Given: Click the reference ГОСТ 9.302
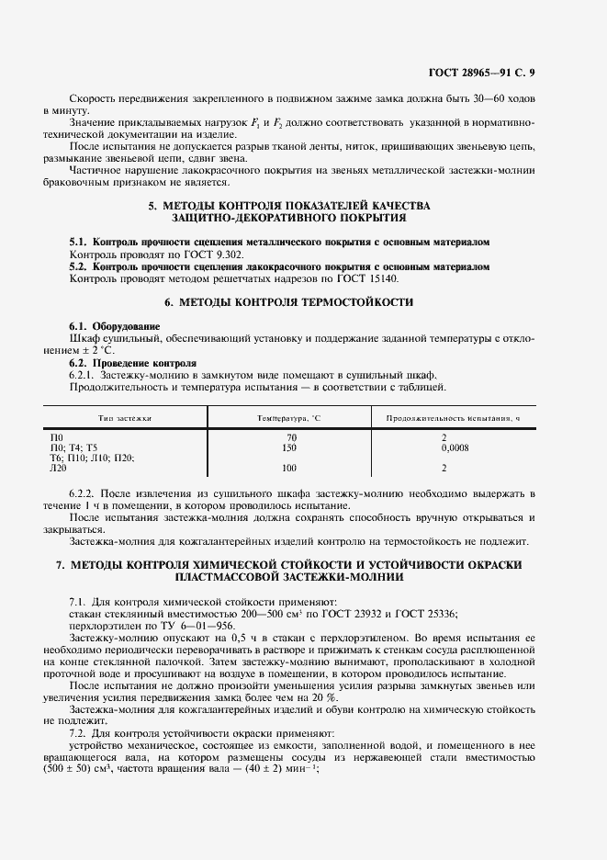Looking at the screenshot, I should (x=174, y=253).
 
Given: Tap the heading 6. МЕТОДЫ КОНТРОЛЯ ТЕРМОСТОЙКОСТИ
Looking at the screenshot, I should (x=288, y=301).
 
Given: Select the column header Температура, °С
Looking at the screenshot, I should (x=290, y=417).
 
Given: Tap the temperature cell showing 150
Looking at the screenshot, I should (x=290, y=447).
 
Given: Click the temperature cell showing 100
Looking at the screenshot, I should (x=290, y=468).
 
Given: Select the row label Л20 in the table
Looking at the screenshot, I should (x=58, y=468).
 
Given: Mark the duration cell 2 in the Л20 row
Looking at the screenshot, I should (x=444, y=468).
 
